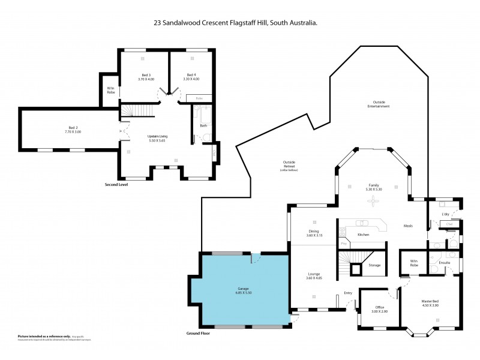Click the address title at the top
(x=235, y=23)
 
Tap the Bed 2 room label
(x=73, y=127)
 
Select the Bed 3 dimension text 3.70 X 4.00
(x=146, y=79)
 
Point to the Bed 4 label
(x=190, y=74)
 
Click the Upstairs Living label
(x=157, y=136)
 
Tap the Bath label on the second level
(x=204, y=125)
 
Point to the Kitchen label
(x=363, y=235)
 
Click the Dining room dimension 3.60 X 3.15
(x=314, y=235)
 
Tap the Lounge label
(x=314, y=274)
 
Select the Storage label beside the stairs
(x=374, y=265)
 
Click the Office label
(x=380, y=307)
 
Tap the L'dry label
(x=445, y=214)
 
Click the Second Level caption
(x=116, y=184)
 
